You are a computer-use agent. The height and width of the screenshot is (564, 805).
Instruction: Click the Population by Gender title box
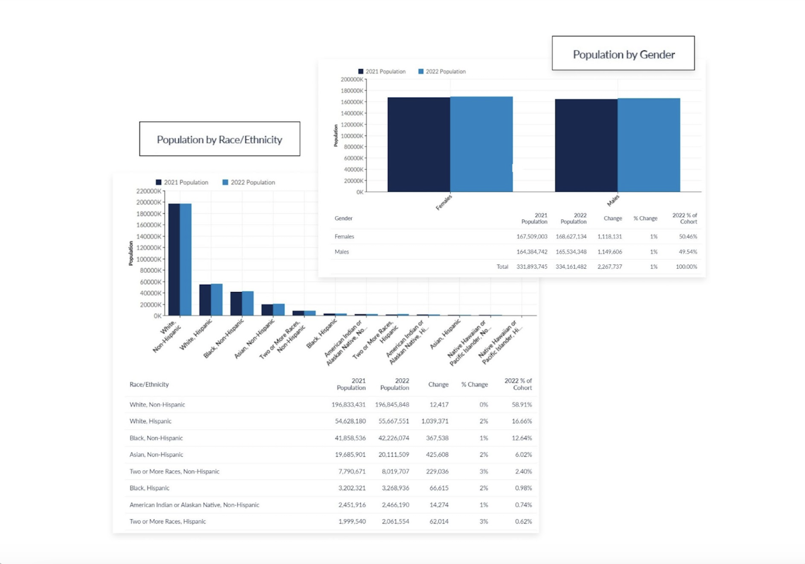click(623, 53)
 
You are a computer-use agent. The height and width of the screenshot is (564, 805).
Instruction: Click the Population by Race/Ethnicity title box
click(220, 139)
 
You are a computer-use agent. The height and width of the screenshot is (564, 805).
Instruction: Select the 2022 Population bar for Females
click(481, 144)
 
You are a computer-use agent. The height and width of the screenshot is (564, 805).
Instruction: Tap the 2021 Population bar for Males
click(586, 145)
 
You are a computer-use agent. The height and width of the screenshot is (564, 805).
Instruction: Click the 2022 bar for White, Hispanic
click(217, 300)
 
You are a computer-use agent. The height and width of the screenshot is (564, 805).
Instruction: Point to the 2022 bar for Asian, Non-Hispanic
click(279, 309)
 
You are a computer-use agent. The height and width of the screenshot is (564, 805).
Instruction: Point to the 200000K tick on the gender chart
click(352, 80)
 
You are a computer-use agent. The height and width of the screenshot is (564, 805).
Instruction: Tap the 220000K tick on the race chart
click(149, 191)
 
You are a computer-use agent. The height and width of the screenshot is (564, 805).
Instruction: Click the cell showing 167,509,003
click(531, 237)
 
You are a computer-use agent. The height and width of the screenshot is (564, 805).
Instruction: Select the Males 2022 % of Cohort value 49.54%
click(688, 252)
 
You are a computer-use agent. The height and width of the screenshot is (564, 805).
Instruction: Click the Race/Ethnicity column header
click(149, 384)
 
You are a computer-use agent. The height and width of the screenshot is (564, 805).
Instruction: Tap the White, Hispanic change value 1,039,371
click(435, 421)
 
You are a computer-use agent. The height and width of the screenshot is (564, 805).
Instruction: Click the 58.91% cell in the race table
click(521, 405)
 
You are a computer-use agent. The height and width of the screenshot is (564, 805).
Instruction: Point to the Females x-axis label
click(444, 203)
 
